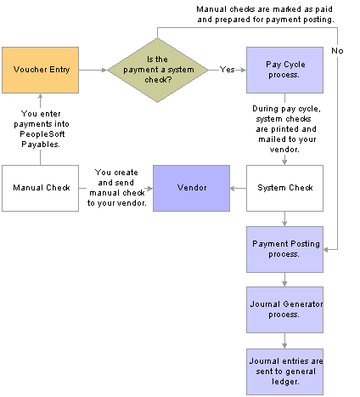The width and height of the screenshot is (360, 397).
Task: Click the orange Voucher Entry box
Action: (40, 70)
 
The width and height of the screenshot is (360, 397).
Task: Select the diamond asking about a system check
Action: (158, 70)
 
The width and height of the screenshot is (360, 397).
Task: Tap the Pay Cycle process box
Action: (284, 70)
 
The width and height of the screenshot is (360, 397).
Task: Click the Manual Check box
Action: (40, 188)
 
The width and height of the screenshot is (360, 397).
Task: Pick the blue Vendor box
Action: (191, 188)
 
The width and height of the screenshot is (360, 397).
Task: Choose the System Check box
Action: (284, 188)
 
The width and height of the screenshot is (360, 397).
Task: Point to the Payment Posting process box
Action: (284, 249)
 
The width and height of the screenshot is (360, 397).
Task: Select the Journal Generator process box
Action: (284, 309)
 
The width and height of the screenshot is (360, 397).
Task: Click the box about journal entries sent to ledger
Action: (284, 371)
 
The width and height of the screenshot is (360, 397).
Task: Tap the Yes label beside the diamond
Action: (227, 70)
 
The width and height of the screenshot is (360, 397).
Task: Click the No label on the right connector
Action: (337, 51)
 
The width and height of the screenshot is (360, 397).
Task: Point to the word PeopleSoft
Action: (42, 134)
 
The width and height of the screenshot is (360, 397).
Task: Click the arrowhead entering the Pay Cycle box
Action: (244, 70)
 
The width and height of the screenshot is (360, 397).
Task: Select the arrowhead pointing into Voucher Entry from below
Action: (40, 96)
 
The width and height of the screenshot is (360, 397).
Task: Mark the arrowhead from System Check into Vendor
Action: (233, 188)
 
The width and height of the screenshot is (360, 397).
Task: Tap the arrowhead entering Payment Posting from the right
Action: (326, 250)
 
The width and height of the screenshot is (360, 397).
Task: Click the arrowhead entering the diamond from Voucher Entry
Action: (104, 70)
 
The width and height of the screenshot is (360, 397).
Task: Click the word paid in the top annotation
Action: (324, 9)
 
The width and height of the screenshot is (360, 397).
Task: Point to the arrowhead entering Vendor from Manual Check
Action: (150, 188)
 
